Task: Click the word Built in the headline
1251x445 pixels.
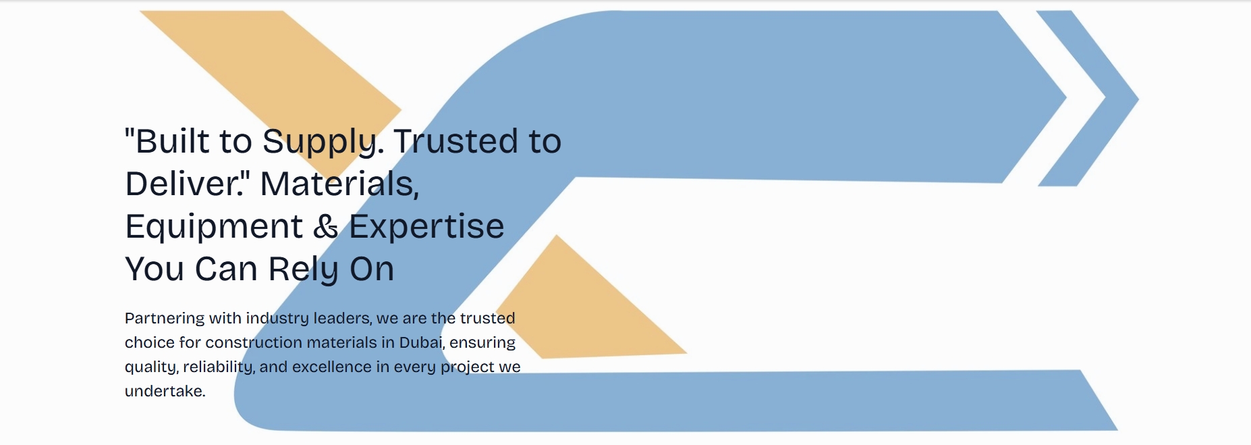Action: pos(173,141)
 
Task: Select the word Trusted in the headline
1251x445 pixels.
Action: pos(456,141)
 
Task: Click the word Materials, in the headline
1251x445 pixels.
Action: pos(339,184)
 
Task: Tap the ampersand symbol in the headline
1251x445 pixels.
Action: pos(326,226)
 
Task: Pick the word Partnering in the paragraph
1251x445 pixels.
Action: pos(165,319)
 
